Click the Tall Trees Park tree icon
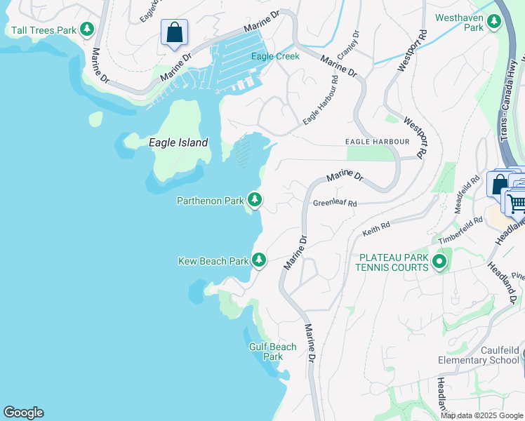[86, 29]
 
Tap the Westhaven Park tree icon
[494, 22]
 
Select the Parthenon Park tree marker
[255, 201]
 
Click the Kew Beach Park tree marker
[259, 260]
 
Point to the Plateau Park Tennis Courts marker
[439, 262]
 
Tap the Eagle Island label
[178, 142]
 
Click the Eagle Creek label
[276, 56]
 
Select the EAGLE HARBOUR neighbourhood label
[377, 142]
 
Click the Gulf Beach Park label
[272, 352]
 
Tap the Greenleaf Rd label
[335, 203]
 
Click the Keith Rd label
[376, 229]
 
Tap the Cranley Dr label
[348, 45]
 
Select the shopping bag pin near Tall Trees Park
[174, 32]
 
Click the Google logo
[23, 413]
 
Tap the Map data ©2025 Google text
[481, 415]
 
